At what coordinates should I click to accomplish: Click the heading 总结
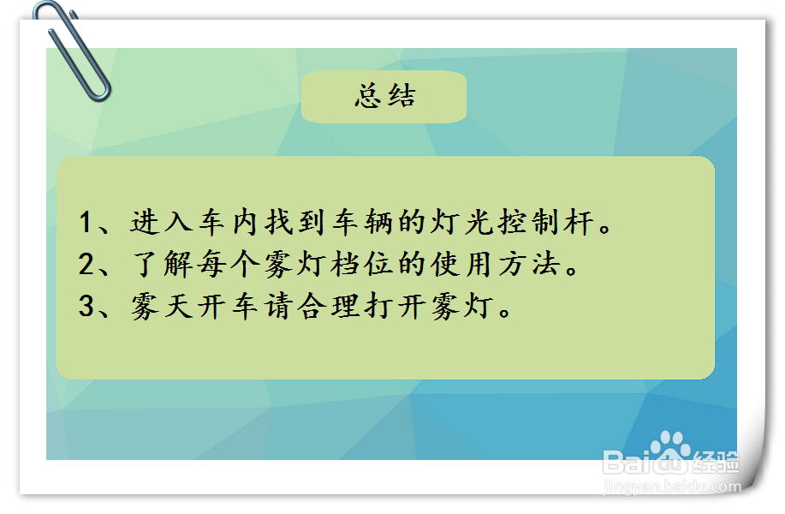[x=384, y=96]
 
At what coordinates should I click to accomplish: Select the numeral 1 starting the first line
[x=86, y=223]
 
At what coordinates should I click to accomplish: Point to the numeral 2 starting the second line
[x=86, y=265]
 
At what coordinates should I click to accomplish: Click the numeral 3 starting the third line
[x=86, y=307]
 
